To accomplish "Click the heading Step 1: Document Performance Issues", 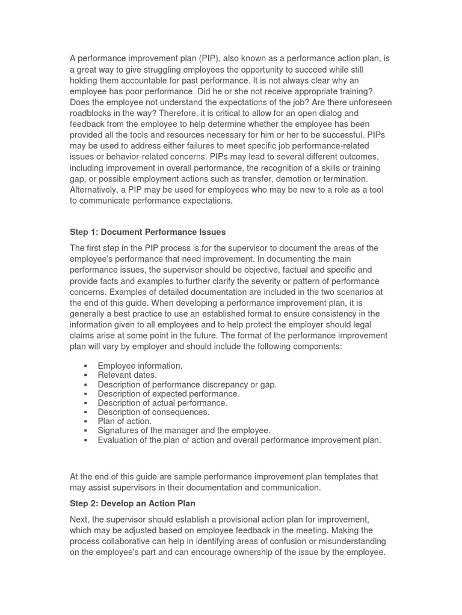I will click(147, 232).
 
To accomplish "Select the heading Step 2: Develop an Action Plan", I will click(132, 503).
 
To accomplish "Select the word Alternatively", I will click(94, 190).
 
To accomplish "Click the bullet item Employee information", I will click(140, 366).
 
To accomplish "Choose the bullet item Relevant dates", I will click(127, 375).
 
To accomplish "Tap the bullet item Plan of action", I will click(125, 421).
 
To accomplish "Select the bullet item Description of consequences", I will click(153, 412).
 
